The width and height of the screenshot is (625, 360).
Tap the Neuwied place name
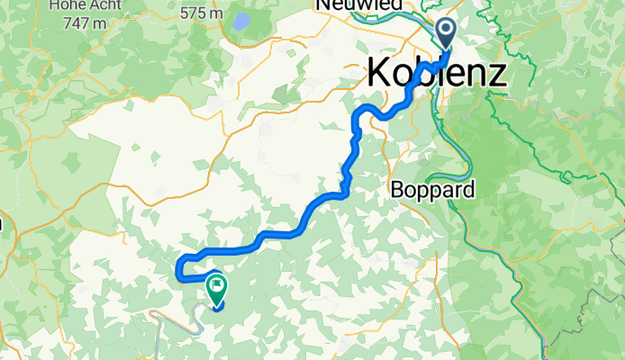(x=358, y=5)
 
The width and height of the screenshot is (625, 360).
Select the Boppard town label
(x=432, y=190)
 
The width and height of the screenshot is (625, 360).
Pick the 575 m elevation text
(x=201, y=13)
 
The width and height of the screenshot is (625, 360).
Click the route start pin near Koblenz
(x=447, y=31)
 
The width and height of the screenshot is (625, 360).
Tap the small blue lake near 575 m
(x=241, y=21)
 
